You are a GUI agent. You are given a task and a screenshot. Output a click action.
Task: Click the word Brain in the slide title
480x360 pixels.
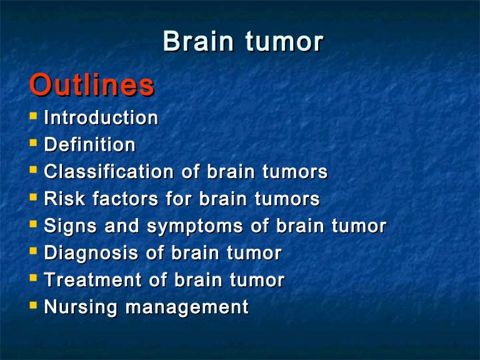click(x=198, y=41)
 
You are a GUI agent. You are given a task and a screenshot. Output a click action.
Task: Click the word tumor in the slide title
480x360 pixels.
click(x=284, y=41)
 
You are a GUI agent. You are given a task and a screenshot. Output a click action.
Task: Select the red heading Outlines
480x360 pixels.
click(x=92, y=85)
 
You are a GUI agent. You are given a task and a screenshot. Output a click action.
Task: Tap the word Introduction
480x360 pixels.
click(x=101, y=117)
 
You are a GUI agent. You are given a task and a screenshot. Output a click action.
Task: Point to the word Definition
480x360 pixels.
click(x=90, y=144)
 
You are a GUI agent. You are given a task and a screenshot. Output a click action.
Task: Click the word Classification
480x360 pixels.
click(x=109, y=171)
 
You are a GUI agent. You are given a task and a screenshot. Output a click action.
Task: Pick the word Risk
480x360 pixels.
click(x=64, y=198)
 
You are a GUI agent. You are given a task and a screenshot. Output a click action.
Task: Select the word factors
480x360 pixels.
click(x=126, y=198)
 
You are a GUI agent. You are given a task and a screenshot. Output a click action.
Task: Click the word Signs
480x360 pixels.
click(x=71, y=226)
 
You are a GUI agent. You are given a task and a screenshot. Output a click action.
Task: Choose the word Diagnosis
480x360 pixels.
click(x=91, y=253)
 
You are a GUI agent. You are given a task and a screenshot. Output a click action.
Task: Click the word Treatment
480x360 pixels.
click(x=93, y=280)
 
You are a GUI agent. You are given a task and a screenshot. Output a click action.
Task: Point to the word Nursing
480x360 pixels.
click(x=81, y=307)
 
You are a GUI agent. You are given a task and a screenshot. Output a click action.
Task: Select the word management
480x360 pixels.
click(x=187, y=307)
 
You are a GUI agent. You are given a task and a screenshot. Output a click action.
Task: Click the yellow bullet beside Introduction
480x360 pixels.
click(x=33, y=116)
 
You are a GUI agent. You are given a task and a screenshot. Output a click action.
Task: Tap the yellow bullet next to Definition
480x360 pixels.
click(x=33, y=142)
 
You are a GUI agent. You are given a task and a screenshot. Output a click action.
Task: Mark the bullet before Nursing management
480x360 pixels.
click(x=33, y=305)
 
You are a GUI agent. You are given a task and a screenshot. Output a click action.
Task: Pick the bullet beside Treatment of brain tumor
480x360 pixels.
click(x=33, y=278)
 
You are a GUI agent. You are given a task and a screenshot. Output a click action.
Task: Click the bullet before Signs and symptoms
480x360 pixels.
click(x=33, y=224)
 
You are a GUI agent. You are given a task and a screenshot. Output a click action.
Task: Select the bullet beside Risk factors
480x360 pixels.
click(x=33, y=197)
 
